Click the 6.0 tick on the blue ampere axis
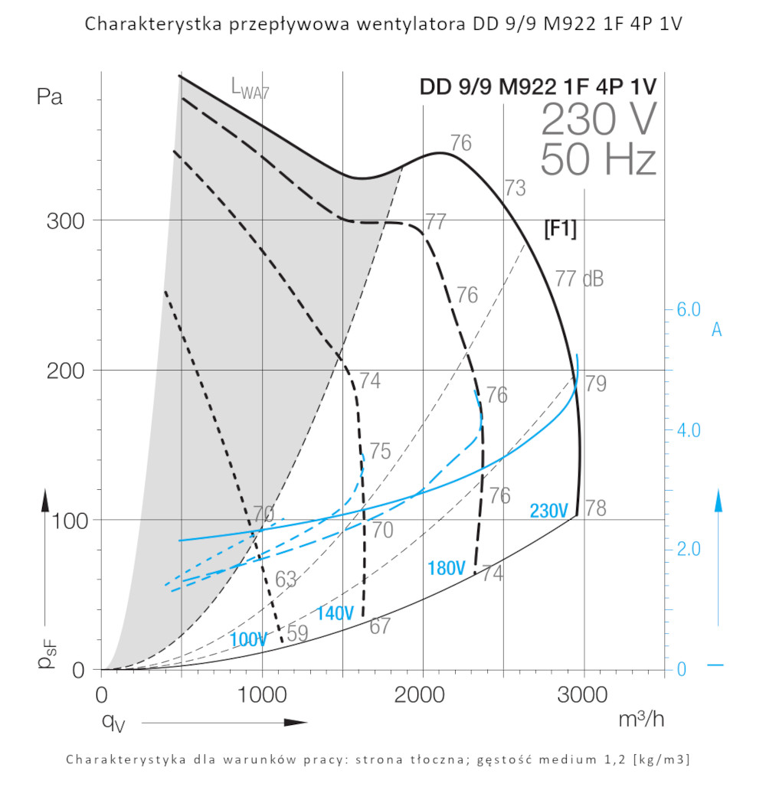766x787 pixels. (689, 310)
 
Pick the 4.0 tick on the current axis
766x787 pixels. (689, 430)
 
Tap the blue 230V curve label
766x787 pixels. (548, 511)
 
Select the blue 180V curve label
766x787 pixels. (447, 568)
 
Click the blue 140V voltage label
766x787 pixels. (335, 613)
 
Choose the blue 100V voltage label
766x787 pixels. (247, 640)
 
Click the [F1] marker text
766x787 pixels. (559, 229)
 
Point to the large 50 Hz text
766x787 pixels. (598, 160)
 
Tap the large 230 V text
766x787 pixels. (598, 119)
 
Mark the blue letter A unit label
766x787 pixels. (716, 330)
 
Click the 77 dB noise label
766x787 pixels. (579, 279)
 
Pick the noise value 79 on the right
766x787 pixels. (596, 384)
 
